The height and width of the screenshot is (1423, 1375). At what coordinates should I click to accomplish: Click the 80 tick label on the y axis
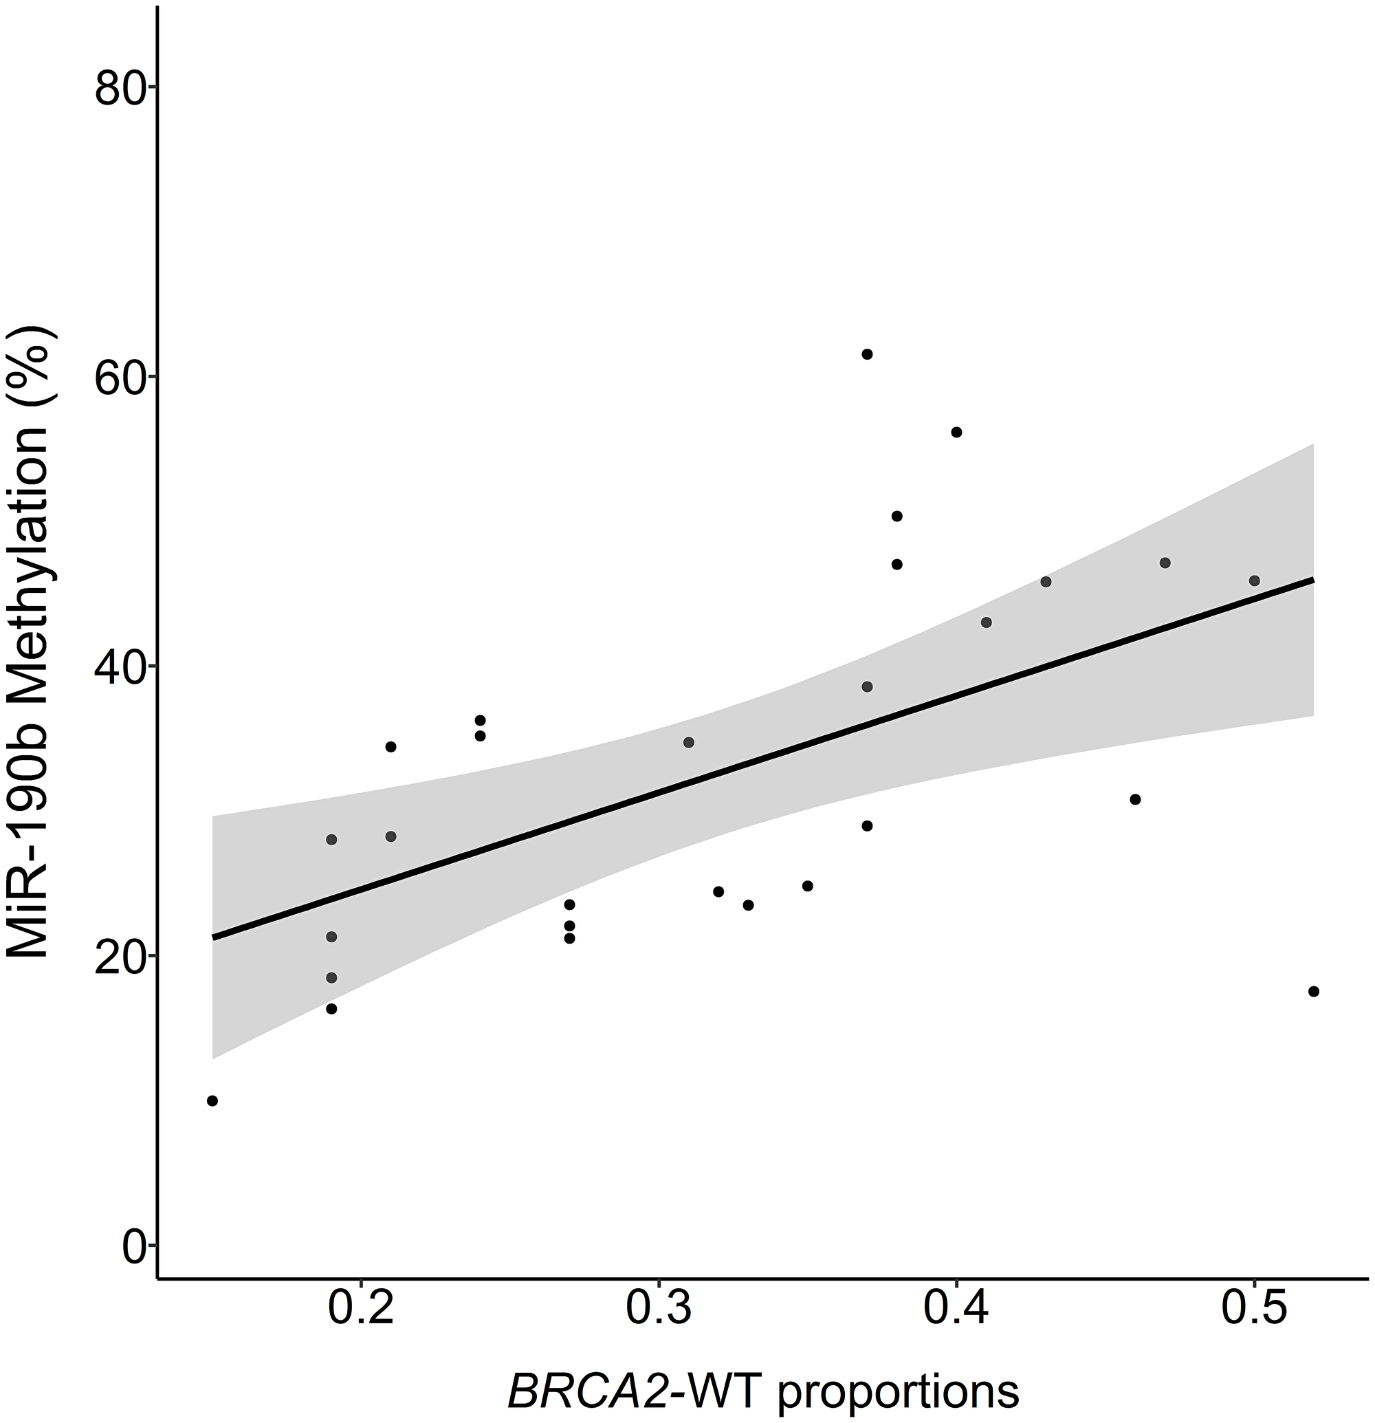120,87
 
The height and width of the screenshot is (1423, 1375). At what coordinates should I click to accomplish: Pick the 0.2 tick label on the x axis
360,1307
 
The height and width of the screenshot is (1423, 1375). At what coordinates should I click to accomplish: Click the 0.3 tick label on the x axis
658,1307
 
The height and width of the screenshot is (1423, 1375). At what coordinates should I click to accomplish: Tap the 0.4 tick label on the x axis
956,1307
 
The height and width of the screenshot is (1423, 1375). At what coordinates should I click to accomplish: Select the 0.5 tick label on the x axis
1254,1307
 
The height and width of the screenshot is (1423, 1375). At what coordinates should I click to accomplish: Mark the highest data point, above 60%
866,354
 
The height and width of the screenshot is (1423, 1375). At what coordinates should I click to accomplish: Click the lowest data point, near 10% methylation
212,1100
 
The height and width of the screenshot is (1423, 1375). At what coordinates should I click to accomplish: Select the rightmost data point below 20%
1313,992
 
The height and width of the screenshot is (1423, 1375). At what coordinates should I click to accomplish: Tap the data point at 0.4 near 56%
956,432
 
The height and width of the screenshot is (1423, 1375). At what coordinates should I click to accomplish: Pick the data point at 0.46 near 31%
1136,799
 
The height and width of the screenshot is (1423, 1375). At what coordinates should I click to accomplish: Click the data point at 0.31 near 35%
689,742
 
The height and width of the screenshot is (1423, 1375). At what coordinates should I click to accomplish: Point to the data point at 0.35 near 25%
808,886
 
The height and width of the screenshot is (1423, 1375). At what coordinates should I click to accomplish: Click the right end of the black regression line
1312,579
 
